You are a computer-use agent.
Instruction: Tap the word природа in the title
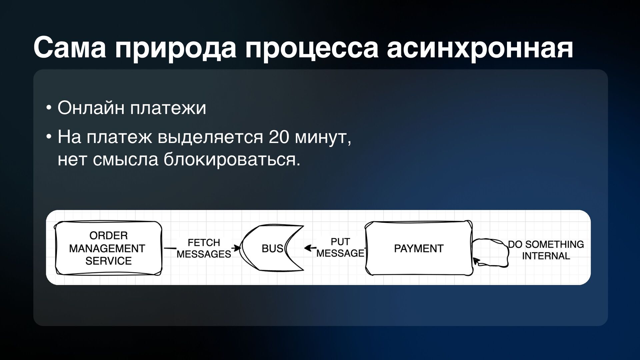(175, 48)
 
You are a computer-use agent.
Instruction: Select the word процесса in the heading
(312, 48)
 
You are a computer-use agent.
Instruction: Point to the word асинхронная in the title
(480, 48)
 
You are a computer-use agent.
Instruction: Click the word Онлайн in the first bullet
(91, 108)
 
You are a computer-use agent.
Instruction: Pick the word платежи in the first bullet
(168, 108)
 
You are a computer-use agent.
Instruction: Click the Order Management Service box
(108, 248)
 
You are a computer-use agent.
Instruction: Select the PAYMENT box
(419, 248)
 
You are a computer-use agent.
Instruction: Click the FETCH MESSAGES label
(204, 248)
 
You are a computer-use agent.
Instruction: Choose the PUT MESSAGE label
(340, 248)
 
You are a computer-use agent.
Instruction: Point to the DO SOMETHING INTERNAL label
(546, 250)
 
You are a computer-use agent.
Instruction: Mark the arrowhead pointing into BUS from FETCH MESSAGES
(238, 248)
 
